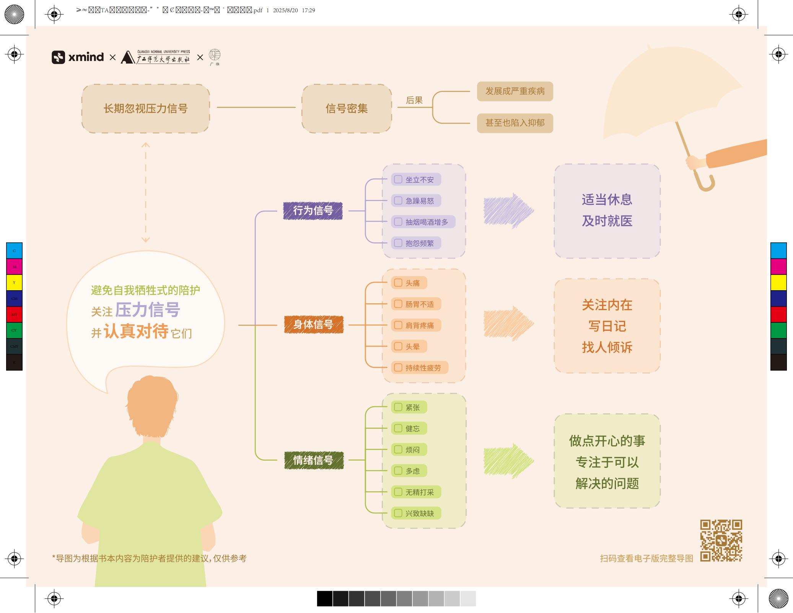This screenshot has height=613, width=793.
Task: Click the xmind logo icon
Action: click(x=58, y=57)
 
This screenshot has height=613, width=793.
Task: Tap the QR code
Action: click(x=721, y=540)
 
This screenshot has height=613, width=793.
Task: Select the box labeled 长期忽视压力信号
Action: click(x=145, y=109)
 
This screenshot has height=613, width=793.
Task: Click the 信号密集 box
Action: click(x=347, y=109)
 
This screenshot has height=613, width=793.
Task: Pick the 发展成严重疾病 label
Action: click(x=515, y=92)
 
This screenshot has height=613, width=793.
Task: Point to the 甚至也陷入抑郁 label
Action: click(x=515, y=123)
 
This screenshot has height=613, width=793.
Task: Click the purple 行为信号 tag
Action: click(x=313, y=211)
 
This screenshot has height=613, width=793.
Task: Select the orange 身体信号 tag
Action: click(x=314, y=325)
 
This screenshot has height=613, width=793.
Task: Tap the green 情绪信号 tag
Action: click(x=314, y=460)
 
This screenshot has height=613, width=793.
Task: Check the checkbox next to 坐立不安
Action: click(x=398, y=180)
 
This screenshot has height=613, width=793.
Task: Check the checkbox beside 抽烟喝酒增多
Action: click(x=398, y=222)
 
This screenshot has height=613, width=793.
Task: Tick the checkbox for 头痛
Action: click(x=398, y=283)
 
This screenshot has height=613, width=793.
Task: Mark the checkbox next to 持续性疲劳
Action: click(x=398, y=368)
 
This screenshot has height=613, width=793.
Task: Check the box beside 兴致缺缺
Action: click(x=398, y=513)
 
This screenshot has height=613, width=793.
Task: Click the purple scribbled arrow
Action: click(x=508, y=211)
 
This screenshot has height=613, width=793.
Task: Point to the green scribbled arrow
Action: click(x=508, y=461)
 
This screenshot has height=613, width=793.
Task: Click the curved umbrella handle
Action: click(x=706, y=183)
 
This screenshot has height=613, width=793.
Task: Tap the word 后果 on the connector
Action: click(x=414, y=100)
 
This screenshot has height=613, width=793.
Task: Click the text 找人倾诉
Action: click(x=607, y=347)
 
